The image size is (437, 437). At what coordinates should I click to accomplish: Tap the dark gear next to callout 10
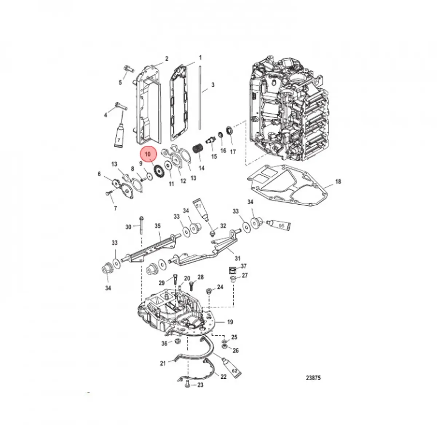click(158, 171)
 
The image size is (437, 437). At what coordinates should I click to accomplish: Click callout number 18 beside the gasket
click(338, 181)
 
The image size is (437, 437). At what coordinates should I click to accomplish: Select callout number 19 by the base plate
click(230, 322)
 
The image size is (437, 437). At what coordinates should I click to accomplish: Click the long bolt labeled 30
click(141, 226)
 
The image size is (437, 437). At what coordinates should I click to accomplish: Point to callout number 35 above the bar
click(157, 226)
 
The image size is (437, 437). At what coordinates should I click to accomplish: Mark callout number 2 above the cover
click(167, 59)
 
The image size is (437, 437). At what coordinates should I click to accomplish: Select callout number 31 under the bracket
click(237, 259)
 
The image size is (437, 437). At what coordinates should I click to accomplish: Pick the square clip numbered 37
click(232, 270)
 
